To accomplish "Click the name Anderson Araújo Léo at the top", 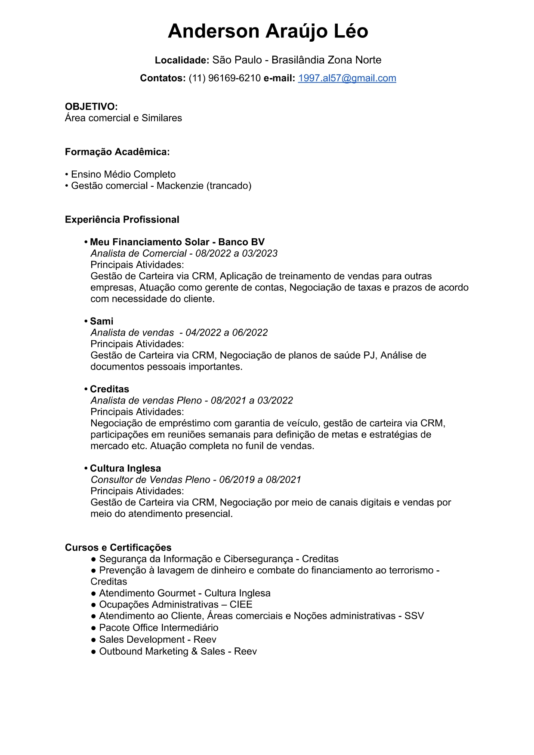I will [268, 31].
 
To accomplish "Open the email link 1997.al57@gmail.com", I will [347, 78].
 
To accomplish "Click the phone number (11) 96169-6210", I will [225, 78].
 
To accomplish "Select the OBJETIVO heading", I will [91, 107].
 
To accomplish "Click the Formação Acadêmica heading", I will [117, 152].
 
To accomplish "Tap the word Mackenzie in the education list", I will [180, 186].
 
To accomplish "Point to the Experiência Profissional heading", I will [122, 220].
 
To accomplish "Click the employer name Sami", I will [102, 321].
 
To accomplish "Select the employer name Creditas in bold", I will [109, 389].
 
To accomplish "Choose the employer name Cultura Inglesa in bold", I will [125, 468].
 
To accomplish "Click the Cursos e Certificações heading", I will [118, 548].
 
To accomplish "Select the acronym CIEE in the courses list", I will [241, 604].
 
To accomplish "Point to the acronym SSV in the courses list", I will [414, 616].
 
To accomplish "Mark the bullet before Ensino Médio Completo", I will [67, 175].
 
